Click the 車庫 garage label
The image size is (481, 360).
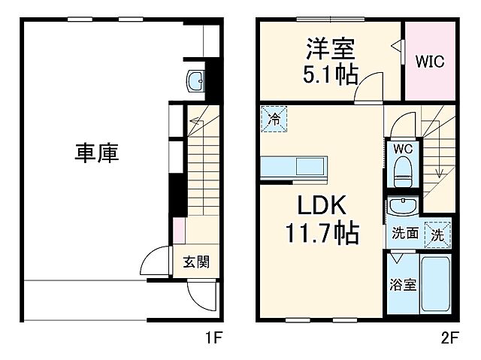[96, 153]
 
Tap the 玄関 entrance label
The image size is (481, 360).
[196, 262]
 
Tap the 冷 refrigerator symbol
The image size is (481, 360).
[274, 119]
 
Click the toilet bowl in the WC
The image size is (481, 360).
[403, 171]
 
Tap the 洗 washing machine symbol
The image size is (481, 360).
[437, 233]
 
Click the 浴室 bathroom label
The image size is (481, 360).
[402, 286]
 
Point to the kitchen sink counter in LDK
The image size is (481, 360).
[295, 167]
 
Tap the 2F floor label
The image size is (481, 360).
[449, 337]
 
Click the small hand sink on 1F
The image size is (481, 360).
[195, 80]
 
